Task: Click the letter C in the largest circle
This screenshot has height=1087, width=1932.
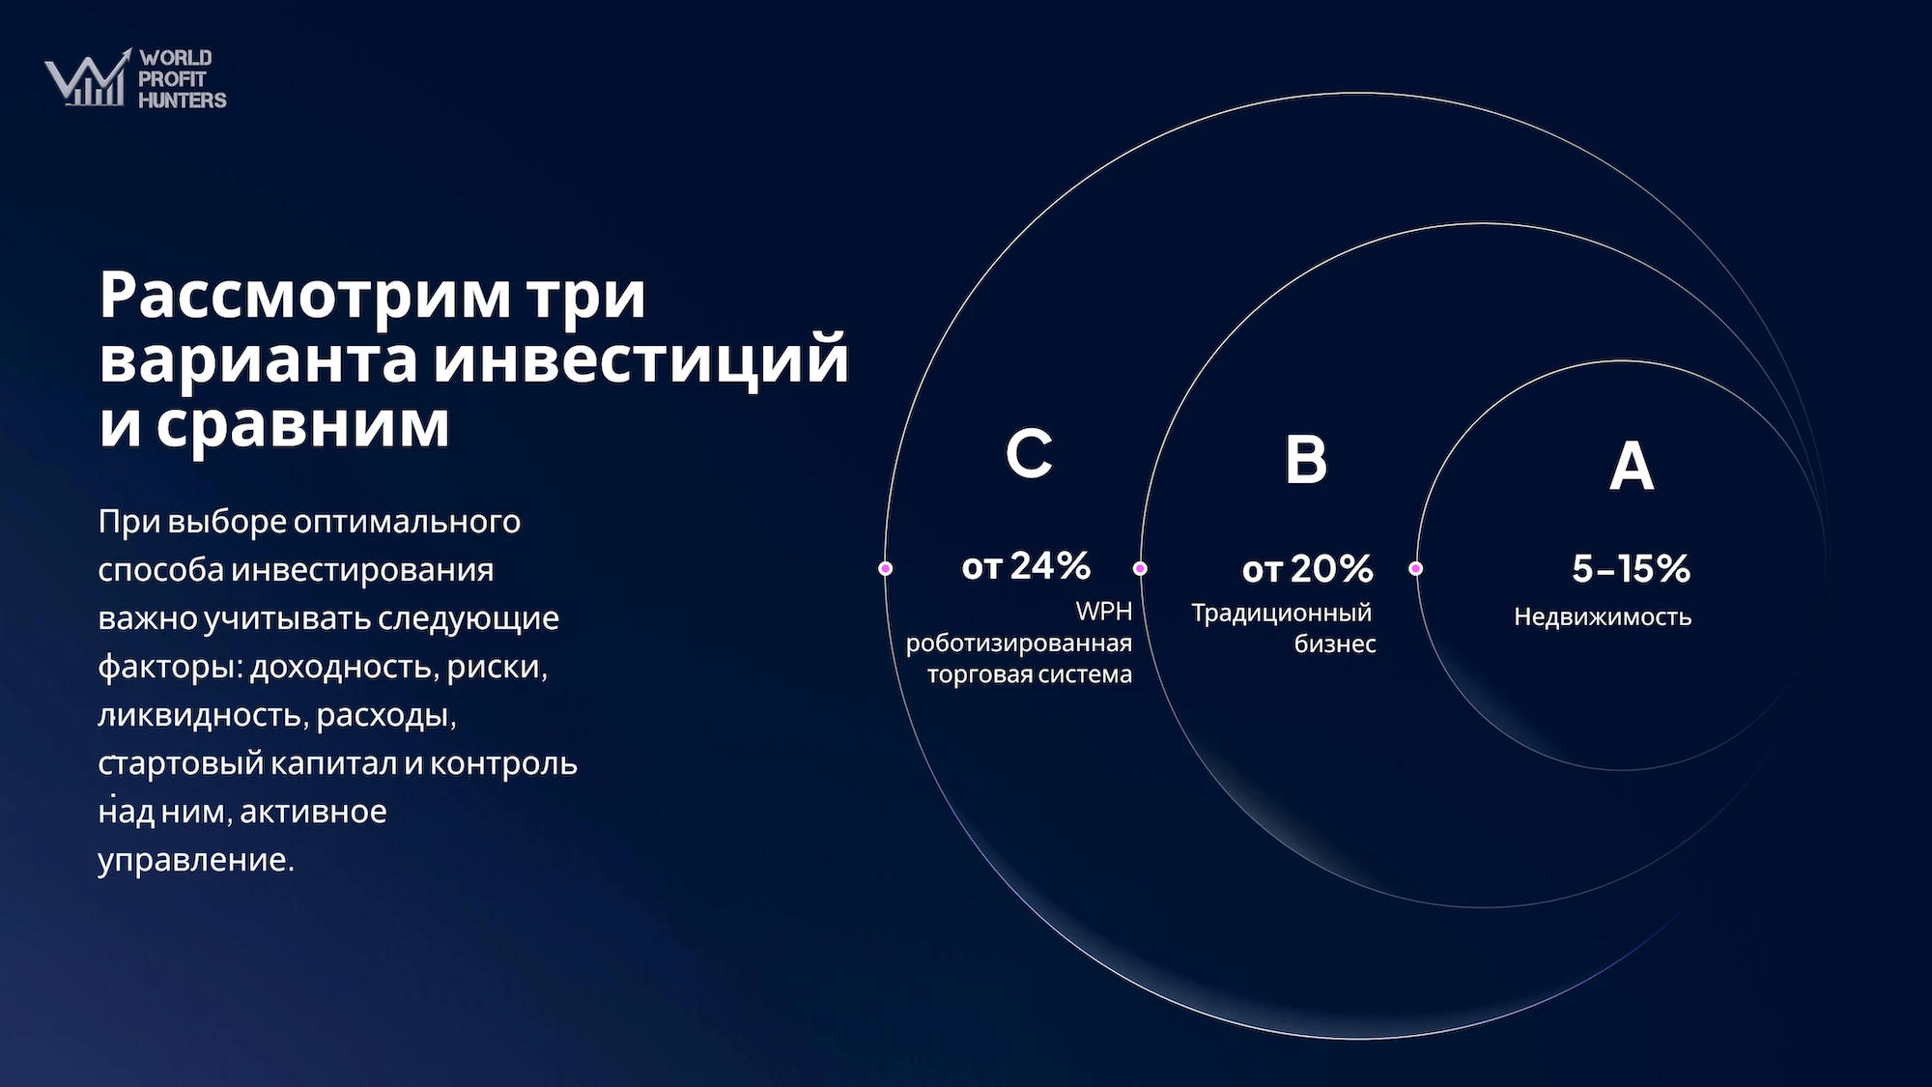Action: (x=1029, y=452)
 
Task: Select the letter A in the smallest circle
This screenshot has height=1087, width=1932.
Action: (x=1632, y=466)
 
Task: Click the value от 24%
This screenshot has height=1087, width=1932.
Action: (x=1026, y=565)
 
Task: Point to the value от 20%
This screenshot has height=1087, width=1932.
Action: (x=1307, y=569)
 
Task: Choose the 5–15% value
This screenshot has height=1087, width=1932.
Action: (x=1631, y=568)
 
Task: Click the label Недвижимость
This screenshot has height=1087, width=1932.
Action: (x=1603, y=616)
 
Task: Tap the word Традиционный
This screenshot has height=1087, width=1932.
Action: (x=1281, y=613)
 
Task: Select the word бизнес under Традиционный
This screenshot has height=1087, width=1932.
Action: (x=1335, y=644)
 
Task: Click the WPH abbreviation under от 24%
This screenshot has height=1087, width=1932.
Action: (x=1104, y=611)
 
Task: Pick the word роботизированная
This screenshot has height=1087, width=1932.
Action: (x=1019, y=644)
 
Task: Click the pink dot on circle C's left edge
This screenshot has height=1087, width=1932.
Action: (x=885, y=568)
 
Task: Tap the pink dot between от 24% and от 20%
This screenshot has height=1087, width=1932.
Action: (x=1140, y=568)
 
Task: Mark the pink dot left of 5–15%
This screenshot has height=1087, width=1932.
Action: (x=1415, y=568)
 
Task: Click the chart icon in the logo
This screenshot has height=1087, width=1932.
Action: (x=88, y=77)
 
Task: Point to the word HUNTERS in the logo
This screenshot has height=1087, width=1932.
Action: (x=183, y=100)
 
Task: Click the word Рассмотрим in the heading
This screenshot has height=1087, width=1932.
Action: (x=305, y=295)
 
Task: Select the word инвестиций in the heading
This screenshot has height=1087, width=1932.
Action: (x=640, y=358)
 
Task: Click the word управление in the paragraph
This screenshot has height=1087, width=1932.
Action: (x=196, y=860)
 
